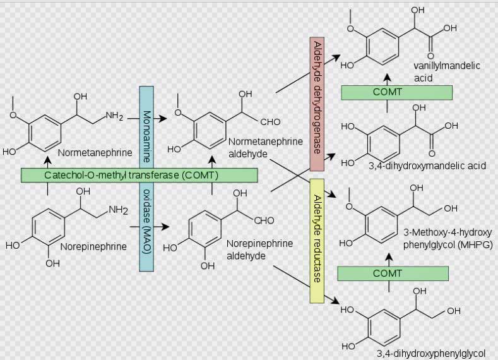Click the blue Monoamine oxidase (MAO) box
(146, 179)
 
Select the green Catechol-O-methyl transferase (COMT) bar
(139, 175)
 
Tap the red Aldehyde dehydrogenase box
(317, 104)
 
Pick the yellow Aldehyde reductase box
(317, 241)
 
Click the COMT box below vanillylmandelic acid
(396, 92)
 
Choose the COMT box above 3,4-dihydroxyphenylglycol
(393, 273)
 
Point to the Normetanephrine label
(95, 152)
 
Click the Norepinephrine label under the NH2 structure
(93, 246)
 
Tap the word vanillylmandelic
(446, 66)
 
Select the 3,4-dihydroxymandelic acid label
(427, 165)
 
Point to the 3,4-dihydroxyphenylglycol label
(430, 353)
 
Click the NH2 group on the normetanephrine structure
(114, 116)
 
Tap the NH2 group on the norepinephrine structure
(118, 210)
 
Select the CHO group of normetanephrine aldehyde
(270, 122)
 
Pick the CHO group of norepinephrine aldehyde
(264, 220)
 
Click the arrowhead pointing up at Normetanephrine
(47, 159)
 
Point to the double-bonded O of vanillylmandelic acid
(430, 56)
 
